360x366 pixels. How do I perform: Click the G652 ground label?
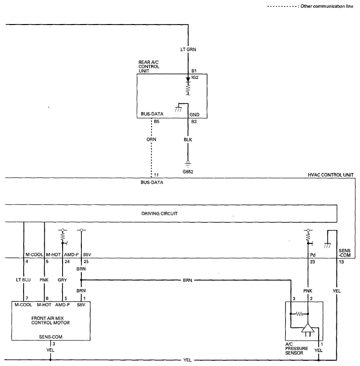pyautogui.click(x=188, y=172)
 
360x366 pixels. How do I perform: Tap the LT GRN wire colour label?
pyautogui.click(x=188, y=50)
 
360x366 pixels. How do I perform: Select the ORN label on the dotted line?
pyautogui.click(x=152, y=139)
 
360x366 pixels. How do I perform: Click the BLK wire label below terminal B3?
pyautogui.click(x=188, y=139)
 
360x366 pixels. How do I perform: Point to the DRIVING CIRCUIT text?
pyautogui.click(x=160, y=214)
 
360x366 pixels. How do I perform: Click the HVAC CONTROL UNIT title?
pyautogui.click(x=331, y=175)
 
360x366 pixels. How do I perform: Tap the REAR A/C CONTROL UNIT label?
pyautogui.click(x=149, y=66)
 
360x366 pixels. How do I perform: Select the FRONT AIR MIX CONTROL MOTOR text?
pyautogui.click(x=51, y=320)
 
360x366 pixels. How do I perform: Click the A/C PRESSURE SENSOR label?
pyautogui.click(x=296, y=349)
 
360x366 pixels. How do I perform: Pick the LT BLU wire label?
pyautogui.click(x=24, y=279)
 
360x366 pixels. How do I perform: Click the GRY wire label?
pyautogui.click(x=63, y=280)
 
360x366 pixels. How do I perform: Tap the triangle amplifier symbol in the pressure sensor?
pyautogui.click(x=308, y=328)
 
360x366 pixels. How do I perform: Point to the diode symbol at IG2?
pyautogui.click(x=188, y=80)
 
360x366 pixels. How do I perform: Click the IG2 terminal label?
pyautogui.click(x=195, y=77)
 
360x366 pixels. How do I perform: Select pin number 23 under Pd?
pyautogui.click(x=312, y=262)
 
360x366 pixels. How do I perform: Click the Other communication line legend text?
pyautogui.click(x=327, y=6)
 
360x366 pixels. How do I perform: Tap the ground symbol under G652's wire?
pyautogui.click(x=188, y=164)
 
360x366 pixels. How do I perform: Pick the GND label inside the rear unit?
pyautogui.click(x=194, y=114)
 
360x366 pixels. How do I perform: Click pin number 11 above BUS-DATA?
pyautogui.click(x=156, y=175)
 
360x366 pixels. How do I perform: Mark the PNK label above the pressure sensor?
pyautogui.click(x=308, y=291)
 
